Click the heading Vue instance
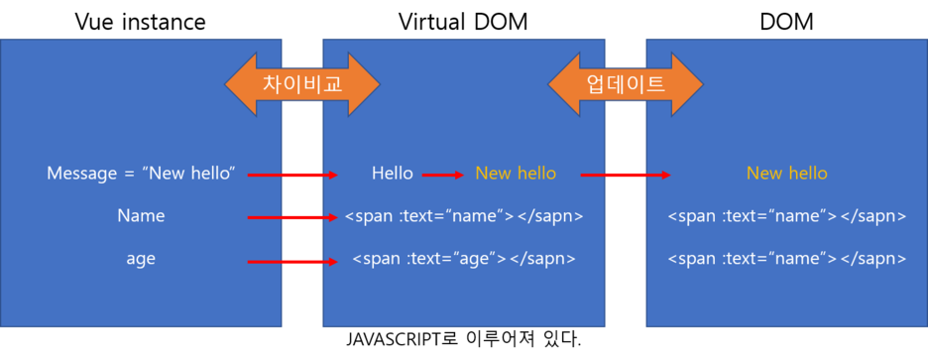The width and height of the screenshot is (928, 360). click(140, 22)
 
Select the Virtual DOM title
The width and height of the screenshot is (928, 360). click(463, 22)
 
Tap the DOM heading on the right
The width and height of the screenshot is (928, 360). click(786, 22)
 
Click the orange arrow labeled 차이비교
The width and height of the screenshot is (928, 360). click(301, 84)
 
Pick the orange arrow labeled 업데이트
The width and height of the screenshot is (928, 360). click(625, 84)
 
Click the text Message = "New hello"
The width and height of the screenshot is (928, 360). click(142, 174)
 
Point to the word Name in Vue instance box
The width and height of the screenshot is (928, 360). click(141, 215)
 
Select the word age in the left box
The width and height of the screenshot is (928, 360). click(141, 260)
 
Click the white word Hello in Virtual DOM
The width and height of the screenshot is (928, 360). click(393, 174)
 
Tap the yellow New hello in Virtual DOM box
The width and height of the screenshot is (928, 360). click(516, 174)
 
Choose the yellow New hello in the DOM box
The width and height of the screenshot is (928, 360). click(786, 174)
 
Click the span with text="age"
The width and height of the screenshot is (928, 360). click(463, 259)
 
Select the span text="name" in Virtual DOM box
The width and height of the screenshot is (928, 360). click(464, 216)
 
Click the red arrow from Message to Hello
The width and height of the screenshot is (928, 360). click(292, 176)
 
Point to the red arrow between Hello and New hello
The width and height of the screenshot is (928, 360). click(443, 176)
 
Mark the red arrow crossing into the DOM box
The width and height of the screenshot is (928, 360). click(626, 176)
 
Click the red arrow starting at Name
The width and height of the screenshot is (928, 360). click(292, 218)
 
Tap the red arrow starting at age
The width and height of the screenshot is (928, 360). click(292, 262)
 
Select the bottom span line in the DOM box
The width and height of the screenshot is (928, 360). click(786, 259)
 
